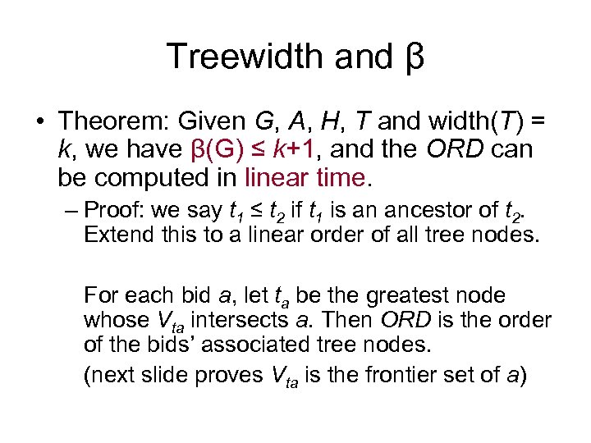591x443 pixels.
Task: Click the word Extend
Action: point(112,235)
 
